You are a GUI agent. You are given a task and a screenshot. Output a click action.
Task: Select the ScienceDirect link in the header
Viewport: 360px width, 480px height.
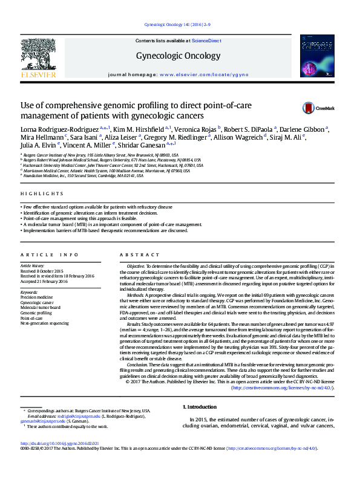point(206,41)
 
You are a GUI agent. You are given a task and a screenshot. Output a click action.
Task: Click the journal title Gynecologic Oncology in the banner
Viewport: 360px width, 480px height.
point(179,56)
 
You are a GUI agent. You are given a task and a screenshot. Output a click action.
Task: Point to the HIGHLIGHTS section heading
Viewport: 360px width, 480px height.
point(42,193)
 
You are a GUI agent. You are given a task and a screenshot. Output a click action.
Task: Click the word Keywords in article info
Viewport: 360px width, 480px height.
point(29,293)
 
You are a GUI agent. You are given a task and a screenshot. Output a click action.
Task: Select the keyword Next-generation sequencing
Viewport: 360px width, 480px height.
point(45,324)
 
